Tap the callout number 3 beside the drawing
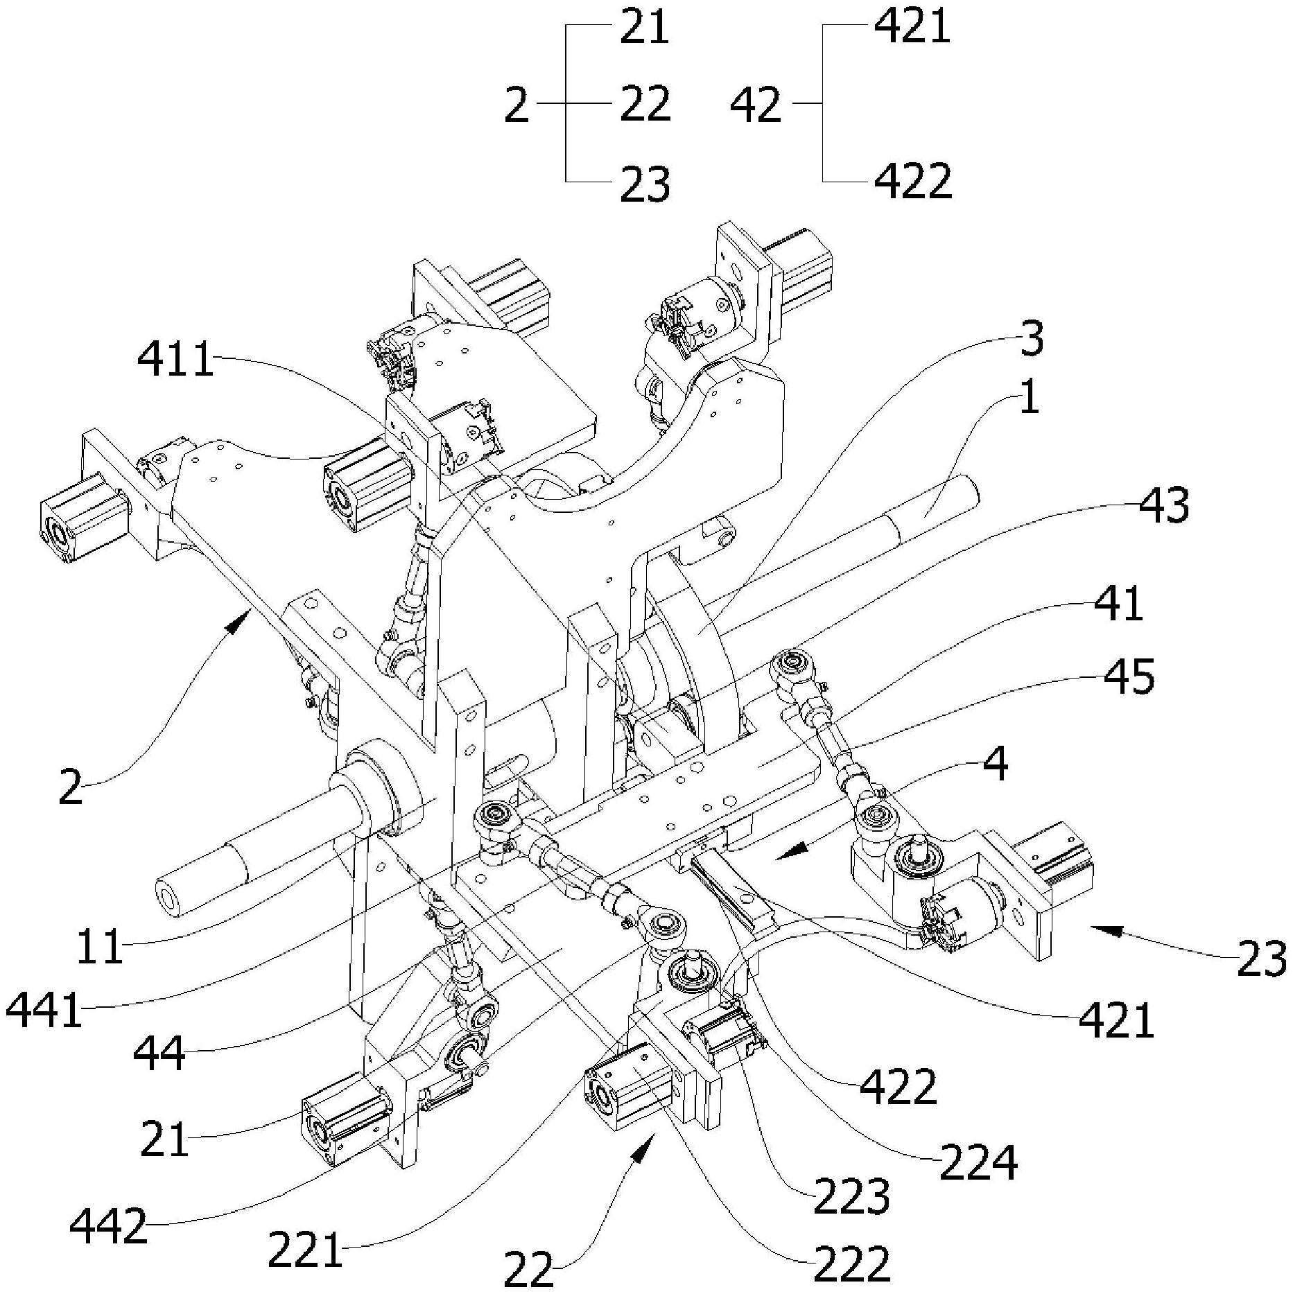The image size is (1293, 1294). (x=1032, y=339)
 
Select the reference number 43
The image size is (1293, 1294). (x=1165, y=505)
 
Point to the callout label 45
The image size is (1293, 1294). (x=1130, y=676)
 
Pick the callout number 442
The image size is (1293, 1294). (x=109, y=1227)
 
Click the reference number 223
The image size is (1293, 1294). (x=851, y=1196)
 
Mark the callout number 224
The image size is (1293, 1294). (x=978, y=1162)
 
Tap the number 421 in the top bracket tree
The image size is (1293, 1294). (x=912, y=28)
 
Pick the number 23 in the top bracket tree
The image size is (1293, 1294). (x=645, y=184)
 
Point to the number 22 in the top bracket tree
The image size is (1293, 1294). (x=645, y=105)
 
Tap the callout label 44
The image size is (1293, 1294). (x=159, y=1055)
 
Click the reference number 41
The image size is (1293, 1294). (x=1118, y=603)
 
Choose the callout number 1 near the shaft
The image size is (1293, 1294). (x=1030, y=400)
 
